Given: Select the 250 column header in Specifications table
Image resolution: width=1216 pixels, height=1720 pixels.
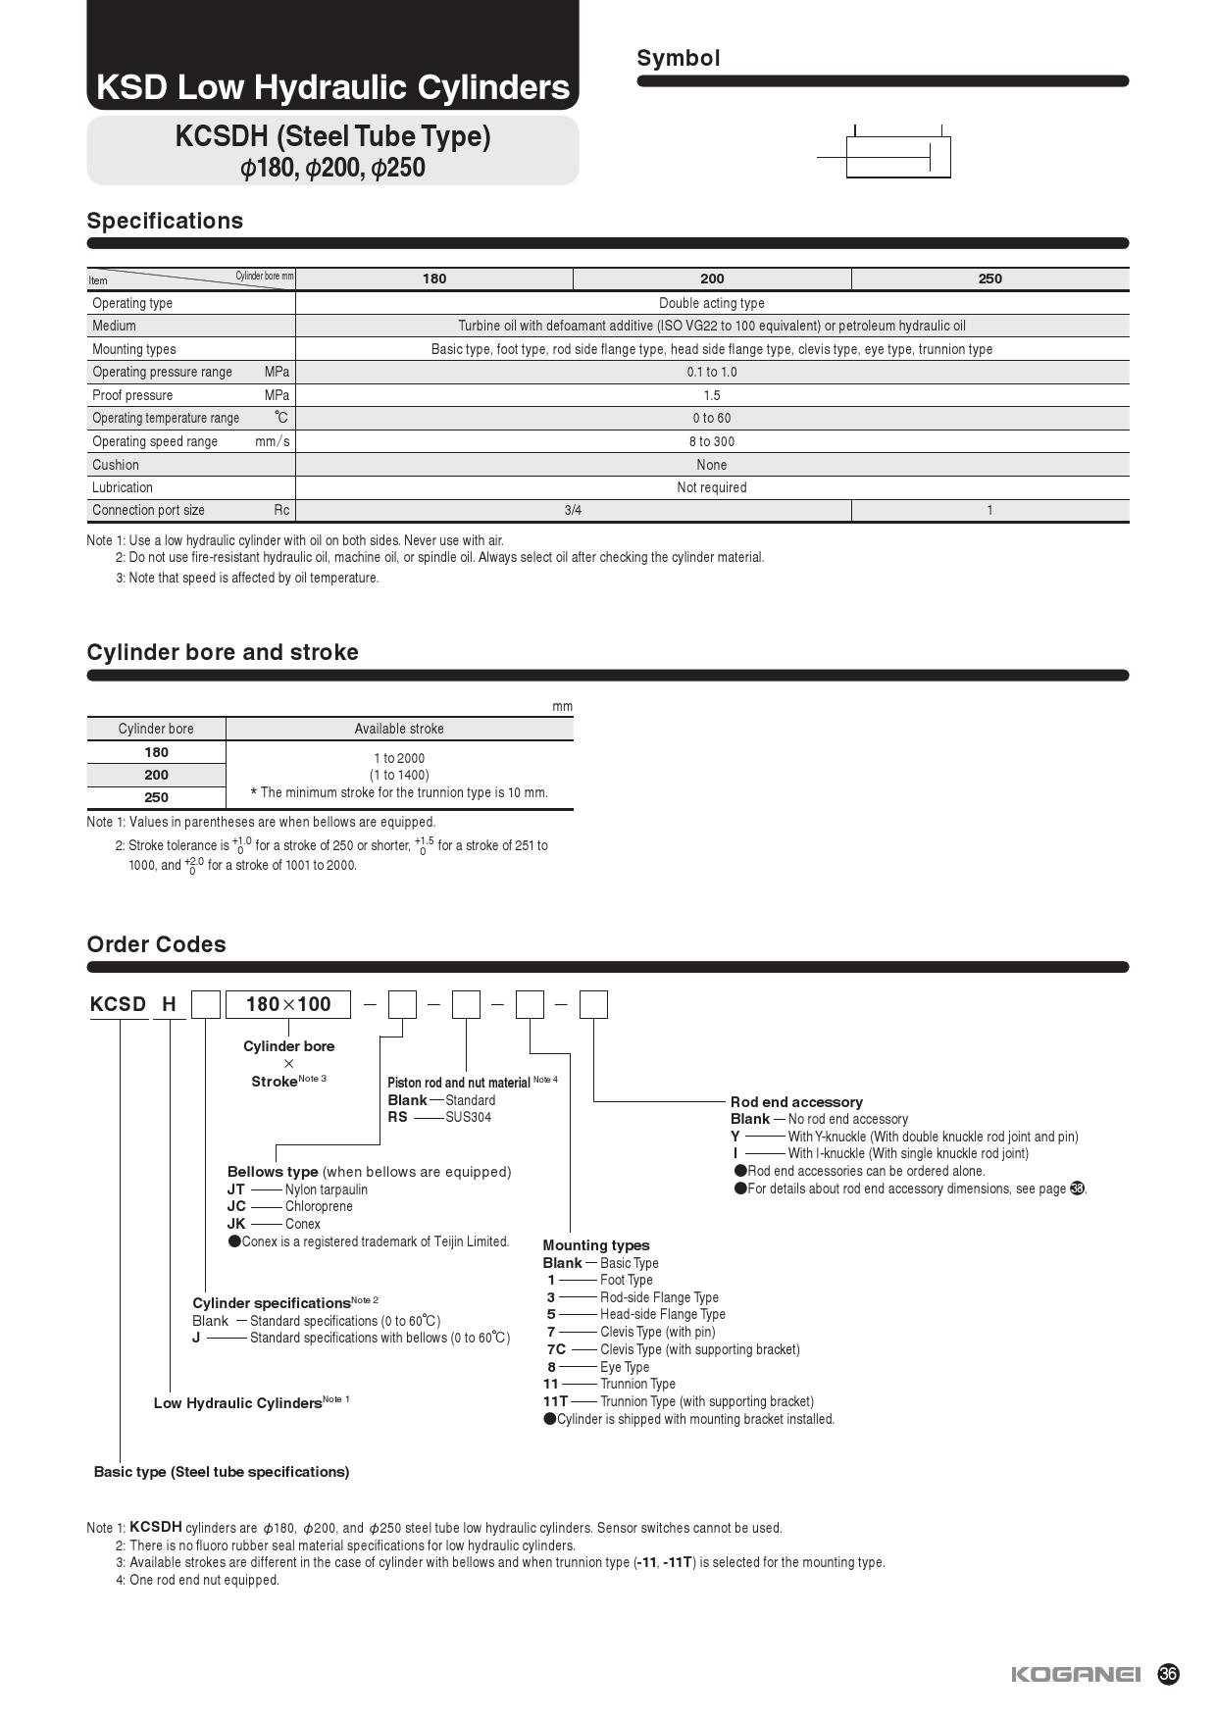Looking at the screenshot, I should click(989, 278).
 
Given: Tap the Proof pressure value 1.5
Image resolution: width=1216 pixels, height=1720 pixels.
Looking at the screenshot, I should click(711, 395).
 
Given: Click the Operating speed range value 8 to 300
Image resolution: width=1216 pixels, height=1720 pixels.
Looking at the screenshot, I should click(711, 441).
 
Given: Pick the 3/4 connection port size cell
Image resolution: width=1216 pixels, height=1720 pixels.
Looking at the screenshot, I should click(573, 510).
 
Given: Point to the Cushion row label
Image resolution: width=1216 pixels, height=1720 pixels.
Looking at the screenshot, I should click(116, 465).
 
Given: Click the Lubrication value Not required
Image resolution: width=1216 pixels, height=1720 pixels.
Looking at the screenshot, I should click(711, 487).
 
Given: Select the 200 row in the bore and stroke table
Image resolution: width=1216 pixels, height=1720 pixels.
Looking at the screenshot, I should click(156, 775).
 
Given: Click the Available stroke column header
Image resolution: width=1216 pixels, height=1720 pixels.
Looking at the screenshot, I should click(398, 729).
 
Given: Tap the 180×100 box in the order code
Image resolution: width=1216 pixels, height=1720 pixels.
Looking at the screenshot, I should click(288, 1004).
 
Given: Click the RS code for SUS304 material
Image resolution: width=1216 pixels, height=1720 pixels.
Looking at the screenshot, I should click(397, 1117).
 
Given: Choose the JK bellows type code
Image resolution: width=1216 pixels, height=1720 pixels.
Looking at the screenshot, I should click(236, 1224).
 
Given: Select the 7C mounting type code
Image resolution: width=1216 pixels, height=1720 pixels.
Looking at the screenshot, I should click(556, 1349).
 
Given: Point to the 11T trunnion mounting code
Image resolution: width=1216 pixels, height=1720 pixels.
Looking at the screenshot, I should click(555, 1401).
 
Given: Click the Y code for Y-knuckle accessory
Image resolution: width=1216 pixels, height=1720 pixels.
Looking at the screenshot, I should click(735, 1137).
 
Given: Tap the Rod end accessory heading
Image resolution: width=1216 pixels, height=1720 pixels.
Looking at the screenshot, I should click(796, 1102).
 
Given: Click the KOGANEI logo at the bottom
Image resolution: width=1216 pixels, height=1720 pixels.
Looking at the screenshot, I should click(1076, 1674).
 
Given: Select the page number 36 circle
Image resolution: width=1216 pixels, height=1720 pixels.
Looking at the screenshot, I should click(1168, 1674).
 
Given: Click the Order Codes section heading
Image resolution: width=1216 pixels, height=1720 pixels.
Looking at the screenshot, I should click(156, 944).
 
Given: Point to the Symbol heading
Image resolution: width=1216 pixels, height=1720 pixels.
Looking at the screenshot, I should click(679, 58).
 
